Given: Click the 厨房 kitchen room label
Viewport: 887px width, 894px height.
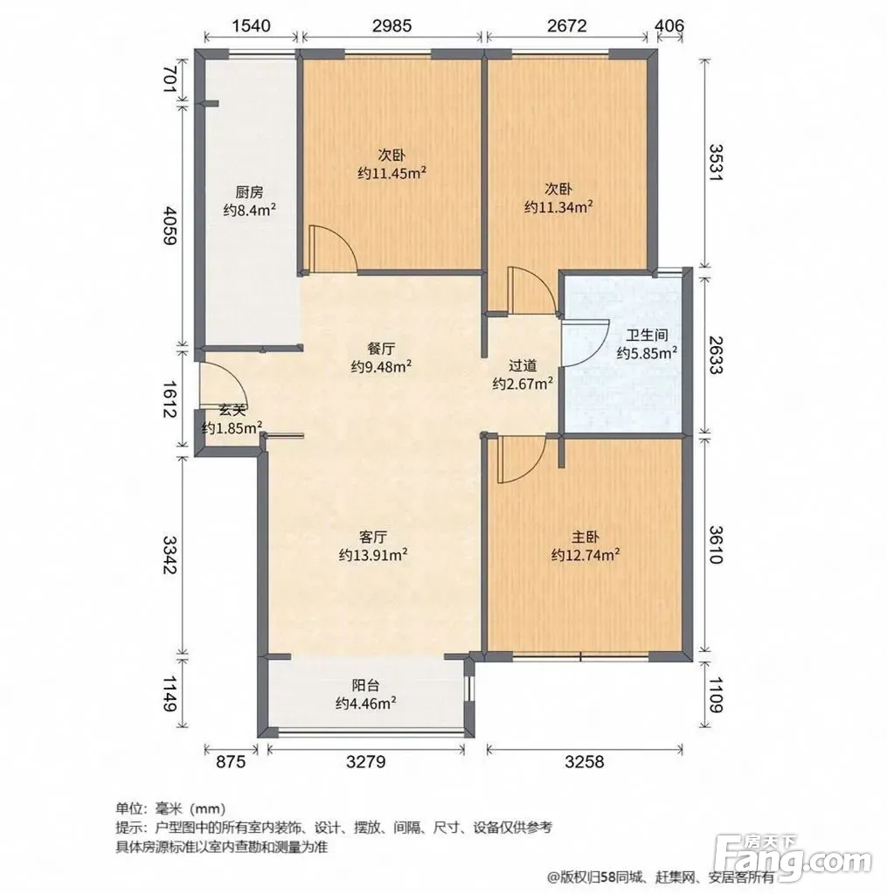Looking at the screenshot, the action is point(250,192).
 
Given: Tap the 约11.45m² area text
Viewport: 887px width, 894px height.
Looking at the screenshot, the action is point(392,173).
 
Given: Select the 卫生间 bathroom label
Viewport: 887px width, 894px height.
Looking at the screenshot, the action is point(647,335).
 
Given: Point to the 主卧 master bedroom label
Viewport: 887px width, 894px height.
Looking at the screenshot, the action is point(586,537).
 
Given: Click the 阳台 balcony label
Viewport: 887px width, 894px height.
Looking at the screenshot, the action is point(365,685).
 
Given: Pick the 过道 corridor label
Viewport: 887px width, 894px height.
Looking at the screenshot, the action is point(523,365).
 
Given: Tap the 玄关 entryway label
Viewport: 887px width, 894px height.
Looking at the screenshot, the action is point(232,409).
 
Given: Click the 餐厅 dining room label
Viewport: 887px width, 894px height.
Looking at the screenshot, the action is point(381,349).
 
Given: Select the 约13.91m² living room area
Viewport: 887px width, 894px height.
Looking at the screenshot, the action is point(373,555).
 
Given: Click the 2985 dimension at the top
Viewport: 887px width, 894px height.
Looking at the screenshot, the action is point(392,25).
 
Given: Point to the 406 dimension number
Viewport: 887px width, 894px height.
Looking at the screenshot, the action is point(669,25).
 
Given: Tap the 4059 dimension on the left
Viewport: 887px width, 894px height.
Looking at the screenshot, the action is point(170,225).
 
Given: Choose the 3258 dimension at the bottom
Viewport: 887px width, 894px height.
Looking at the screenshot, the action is point(585,761).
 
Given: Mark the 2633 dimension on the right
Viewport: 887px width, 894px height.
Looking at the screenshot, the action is point(716,354).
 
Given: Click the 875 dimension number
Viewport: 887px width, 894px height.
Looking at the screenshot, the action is point(231,761).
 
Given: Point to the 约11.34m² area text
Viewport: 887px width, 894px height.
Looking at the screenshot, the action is point(558,206).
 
